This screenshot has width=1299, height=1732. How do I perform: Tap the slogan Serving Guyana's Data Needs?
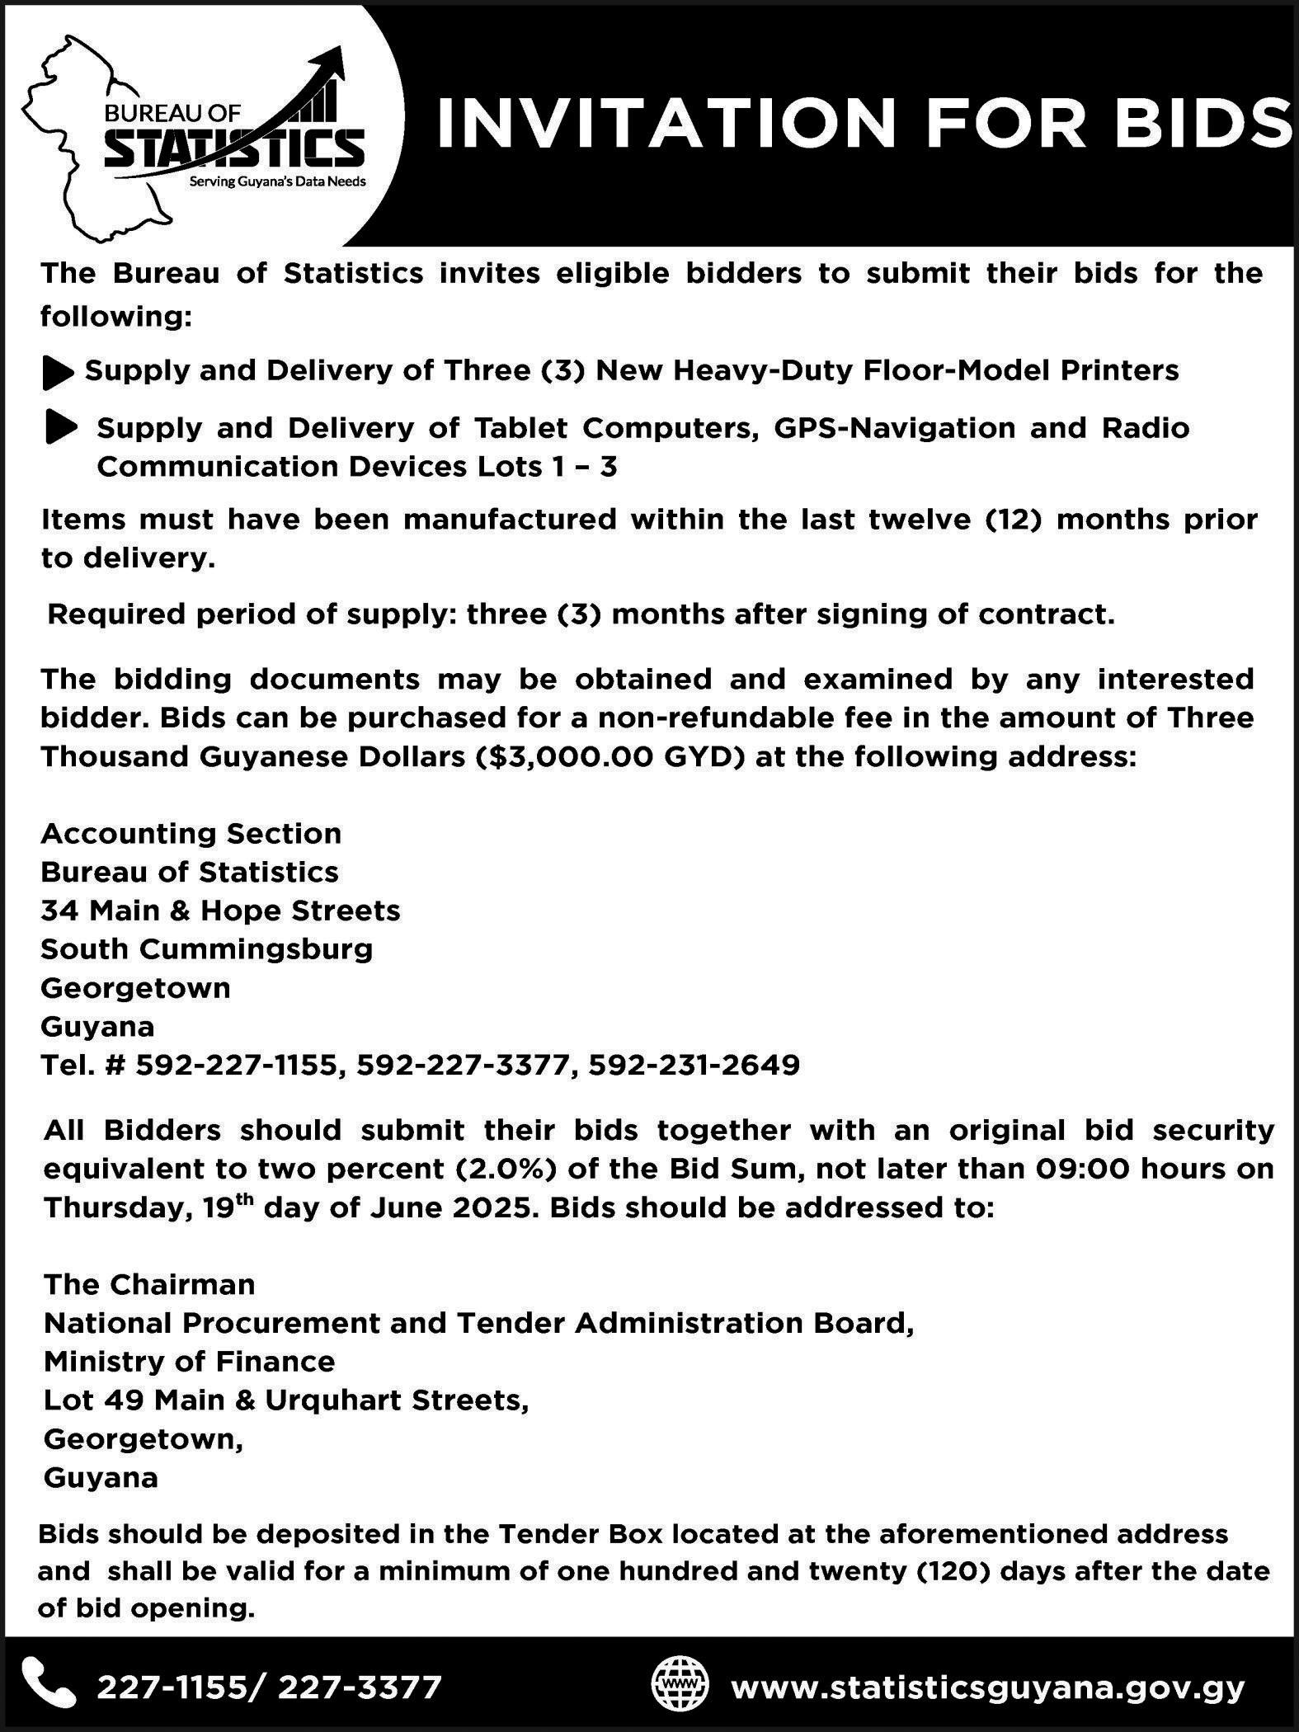(x=278, y=181)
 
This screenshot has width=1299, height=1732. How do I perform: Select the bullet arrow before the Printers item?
(x=58, y=373)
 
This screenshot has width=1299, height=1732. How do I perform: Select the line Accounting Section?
(x=191, y=833)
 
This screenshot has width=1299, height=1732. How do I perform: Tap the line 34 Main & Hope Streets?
(x=220, y=911)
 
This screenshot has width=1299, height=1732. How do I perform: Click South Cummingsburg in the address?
(x=207, y=949)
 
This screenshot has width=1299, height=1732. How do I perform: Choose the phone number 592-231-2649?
(x=694, y=1066)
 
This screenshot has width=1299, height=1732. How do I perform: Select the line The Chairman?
(x=149, y=1284)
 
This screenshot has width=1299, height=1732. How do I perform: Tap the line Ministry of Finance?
(x=190, y=1362)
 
